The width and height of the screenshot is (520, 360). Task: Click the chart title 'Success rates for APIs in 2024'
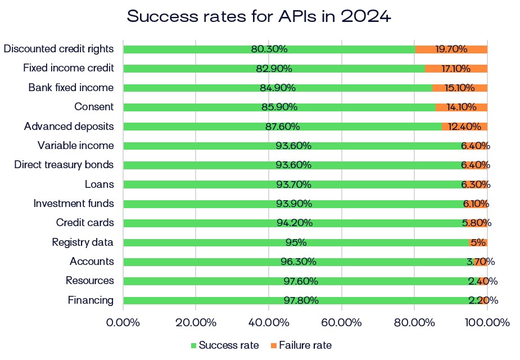pos(259,16)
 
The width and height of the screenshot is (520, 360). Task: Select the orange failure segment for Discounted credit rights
pos(451,49)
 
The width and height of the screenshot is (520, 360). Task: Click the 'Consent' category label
pos(93,107)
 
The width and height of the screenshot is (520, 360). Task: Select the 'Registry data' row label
pos(83,242)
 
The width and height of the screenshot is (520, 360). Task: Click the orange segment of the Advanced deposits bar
pos(464,127)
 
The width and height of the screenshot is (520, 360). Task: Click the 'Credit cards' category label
pos(85,223)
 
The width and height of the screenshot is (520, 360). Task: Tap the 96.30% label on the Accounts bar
pos(298,262)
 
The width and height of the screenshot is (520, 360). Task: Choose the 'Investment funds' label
pos(74,204)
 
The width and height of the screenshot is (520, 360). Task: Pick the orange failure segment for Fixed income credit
pos(456,69)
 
